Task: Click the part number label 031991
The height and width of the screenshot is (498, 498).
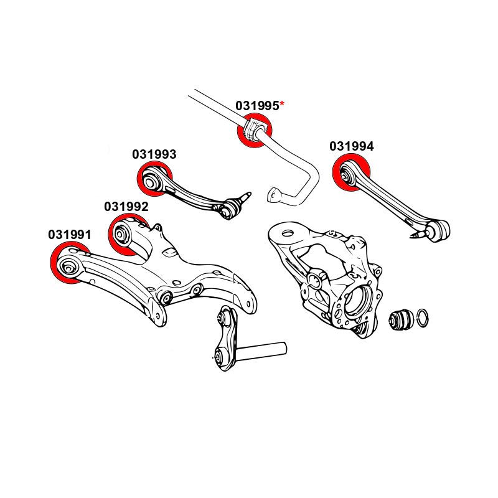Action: click(70, 235)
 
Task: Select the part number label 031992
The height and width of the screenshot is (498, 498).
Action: click(126, 207)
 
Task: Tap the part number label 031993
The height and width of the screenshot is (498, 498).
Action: click(154, 154)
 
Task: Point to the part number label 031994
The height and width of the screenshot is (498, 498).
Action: click(352, 146)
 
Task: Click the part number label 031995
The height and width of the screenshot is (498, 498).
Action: click(257, 106)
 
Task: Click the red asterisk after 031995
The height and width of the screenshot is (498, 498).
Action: click(282, 104)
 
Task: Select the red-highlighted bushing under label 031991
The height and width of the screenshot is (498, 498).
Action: click(68, 263)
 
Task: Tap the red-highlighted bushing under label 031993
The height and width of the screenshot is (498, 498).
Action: click(154, 179)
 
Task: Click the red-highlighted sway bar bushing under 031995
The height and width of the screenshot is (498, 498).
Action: click(255, 130)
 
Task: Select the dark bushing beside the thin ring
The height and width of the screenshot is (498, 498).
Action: click(401, 319)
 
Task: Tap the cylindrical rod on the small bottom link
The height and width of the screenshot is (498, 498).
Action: click(261, 351)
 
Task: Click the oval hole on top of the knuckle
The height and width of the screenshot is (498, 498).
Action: click(287, 233)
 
